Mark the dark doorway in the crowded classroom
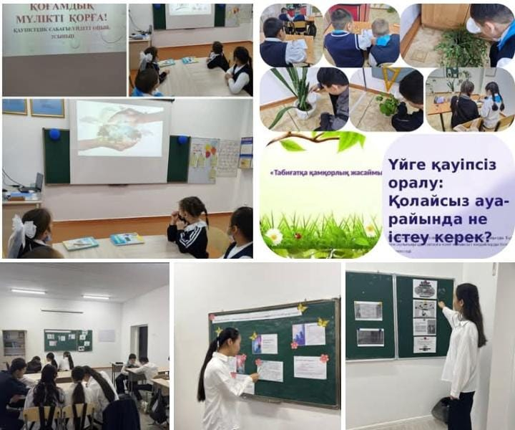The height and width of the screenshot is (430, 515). pos(143,343)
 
